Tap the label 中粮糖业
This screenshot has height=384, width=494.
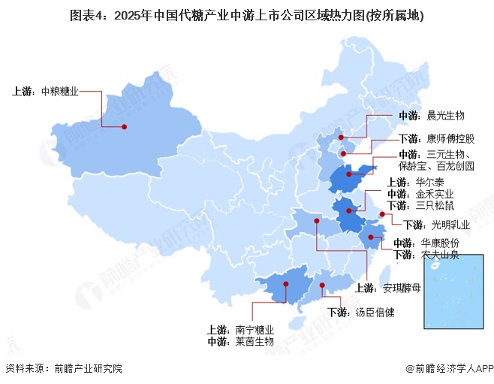click(x=59, y=92)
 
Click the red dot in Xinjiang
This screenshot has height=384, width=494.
click(x=125, y=126)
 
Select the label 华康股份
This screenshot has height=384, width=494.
click(x=440, y=243)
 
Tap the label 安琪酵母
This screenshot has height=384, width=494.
click(x=402, y=286)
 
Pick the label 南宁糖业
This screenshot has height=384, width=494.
click(x=255, y=329)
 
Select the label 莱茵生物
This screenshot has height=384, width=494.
click(x=255, y=341)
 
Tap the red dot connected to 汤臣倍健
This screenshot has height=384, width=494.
click(x=323, y=285)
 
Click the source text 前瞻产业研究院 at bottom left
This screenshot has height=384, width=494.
click(x=87, y=368)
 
